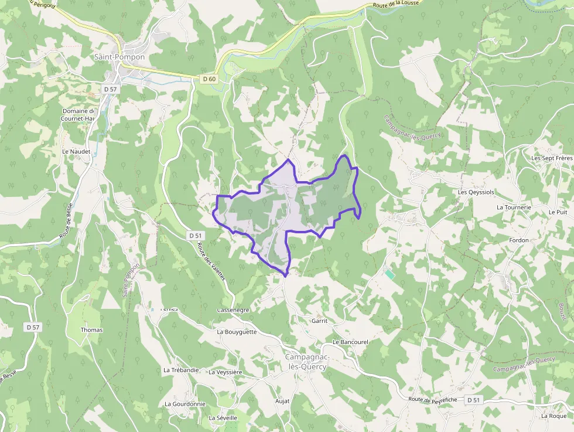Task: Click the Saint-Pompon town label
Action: click(119, 57)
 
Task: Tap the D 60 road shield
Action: click(208, 79)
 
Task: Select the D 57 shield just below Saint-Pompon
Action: click(110, 89)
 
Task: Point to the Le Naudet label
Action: click(76, 151)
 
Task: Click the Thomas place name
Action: click(91, 330)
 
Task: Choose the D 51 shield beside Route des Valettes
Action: click(196, 235)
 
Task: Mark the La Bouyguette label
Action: click(237, 332)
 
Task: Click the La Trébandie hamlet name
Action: click(182, 370)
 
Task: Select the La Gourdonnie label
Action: click(185, 404)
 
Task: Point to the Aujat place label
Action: click(282, 401)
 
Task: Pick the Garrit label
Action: click(319, 321)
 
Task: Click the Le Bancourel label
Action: click(350, 342)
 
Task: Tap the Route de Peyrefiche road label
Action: click(432, 399)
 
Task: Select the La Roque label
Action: click(554, 416)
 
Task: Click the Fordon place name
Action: click(518, 240)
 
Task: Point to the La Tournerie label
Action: click(514, 208)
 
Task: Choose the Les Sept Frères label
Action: click(551, 158)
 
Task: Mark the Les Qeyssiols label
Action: click(476, 192)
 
